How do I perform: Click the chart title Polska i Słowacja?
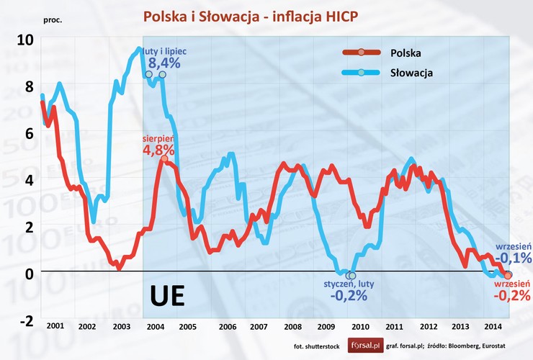[x=266, y=17]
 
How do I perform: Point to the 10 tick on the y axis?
[x=25, y=39]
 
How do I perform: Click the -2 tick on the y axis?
[x=25, y=320]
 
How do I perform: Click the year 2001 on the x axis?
[x=55, y=326]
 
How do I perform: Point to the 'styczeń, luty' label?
[x=349, y=284]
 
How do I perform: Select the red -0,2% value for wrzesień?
[x=512, y=295]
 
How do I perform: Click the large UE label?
[x=167, y=297]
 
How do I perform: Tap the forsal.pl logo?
[x=366, y=345]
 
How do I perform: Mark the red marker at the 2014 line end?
[x=508, y=276]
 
